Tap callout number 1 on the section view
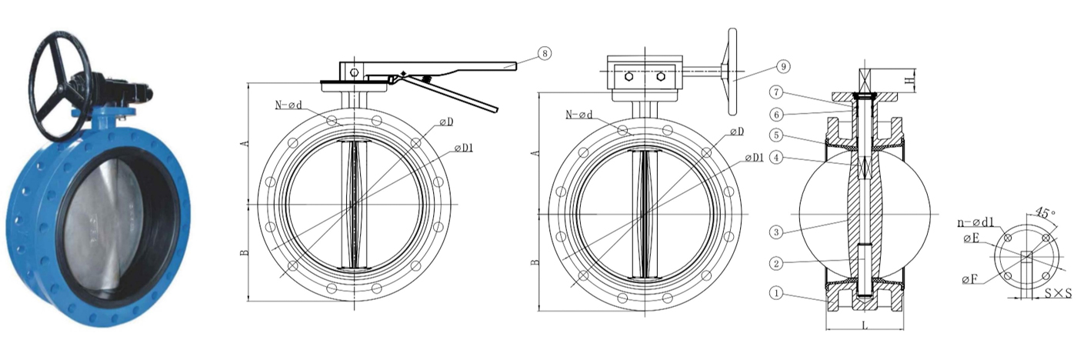pos(777,292)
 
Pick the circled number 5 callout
pos(777,135)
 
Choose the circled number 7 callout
pos(777,92)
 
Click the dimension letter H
pos(910,80)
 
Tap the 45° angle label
pos(1045,212)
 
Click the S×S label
pos(1058,294)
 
